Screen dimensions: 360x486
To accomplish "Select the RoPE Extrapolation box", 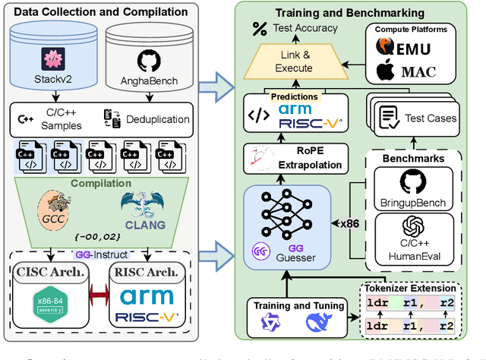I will coord(293,158).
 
